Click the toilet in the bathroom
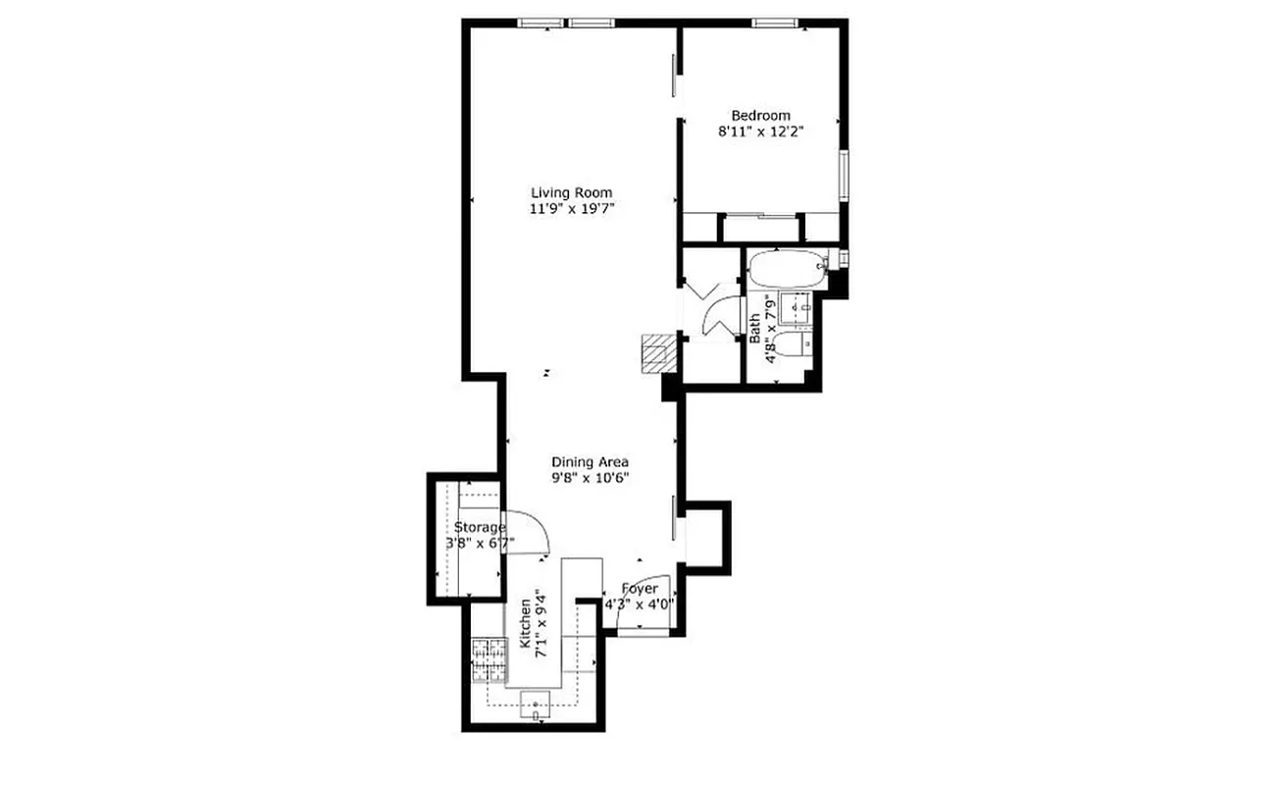tap(793, 343)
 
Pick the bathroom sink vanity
tap(795, 308)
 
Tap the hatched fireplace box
tap(656, 351)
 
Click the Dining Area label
tap(590, 462)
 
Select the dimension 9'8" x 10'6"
tap(590, 478)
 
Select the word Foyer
tap(640, 589)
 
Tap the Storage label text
tap(480, 528)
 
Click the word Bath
tap(755, 327)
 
